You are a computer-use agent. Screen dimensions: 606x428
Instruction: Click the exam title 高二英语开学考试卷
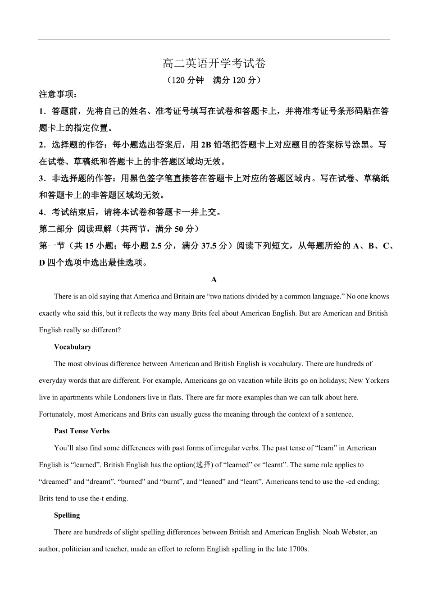pos(214,64)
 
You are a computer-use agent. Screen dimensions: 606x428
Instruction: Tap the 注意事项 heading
pos(58,94)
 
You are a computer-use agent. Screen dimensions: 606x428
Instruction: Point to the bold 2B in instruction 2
pos(205,145)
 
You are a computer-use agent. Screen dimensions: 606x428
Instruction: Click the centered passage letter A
pos(214,280)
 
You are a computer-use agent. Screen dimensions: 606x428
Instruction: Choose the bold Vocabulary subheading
pos(73,347)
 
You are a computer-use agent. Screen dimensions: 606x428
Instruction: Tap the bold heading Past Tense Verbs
pos(82,431)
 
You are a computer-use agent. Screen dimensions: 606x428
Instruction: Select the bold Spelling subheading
pos(67,515)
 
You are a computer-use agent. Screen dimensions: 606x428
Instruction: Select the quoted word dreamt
pos(100,482)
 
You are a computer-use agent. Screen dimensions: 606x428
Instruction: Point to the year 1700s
pos(299,549)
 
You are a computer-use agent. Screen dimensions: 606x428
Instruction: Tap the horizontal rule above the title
pos(214,39)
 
